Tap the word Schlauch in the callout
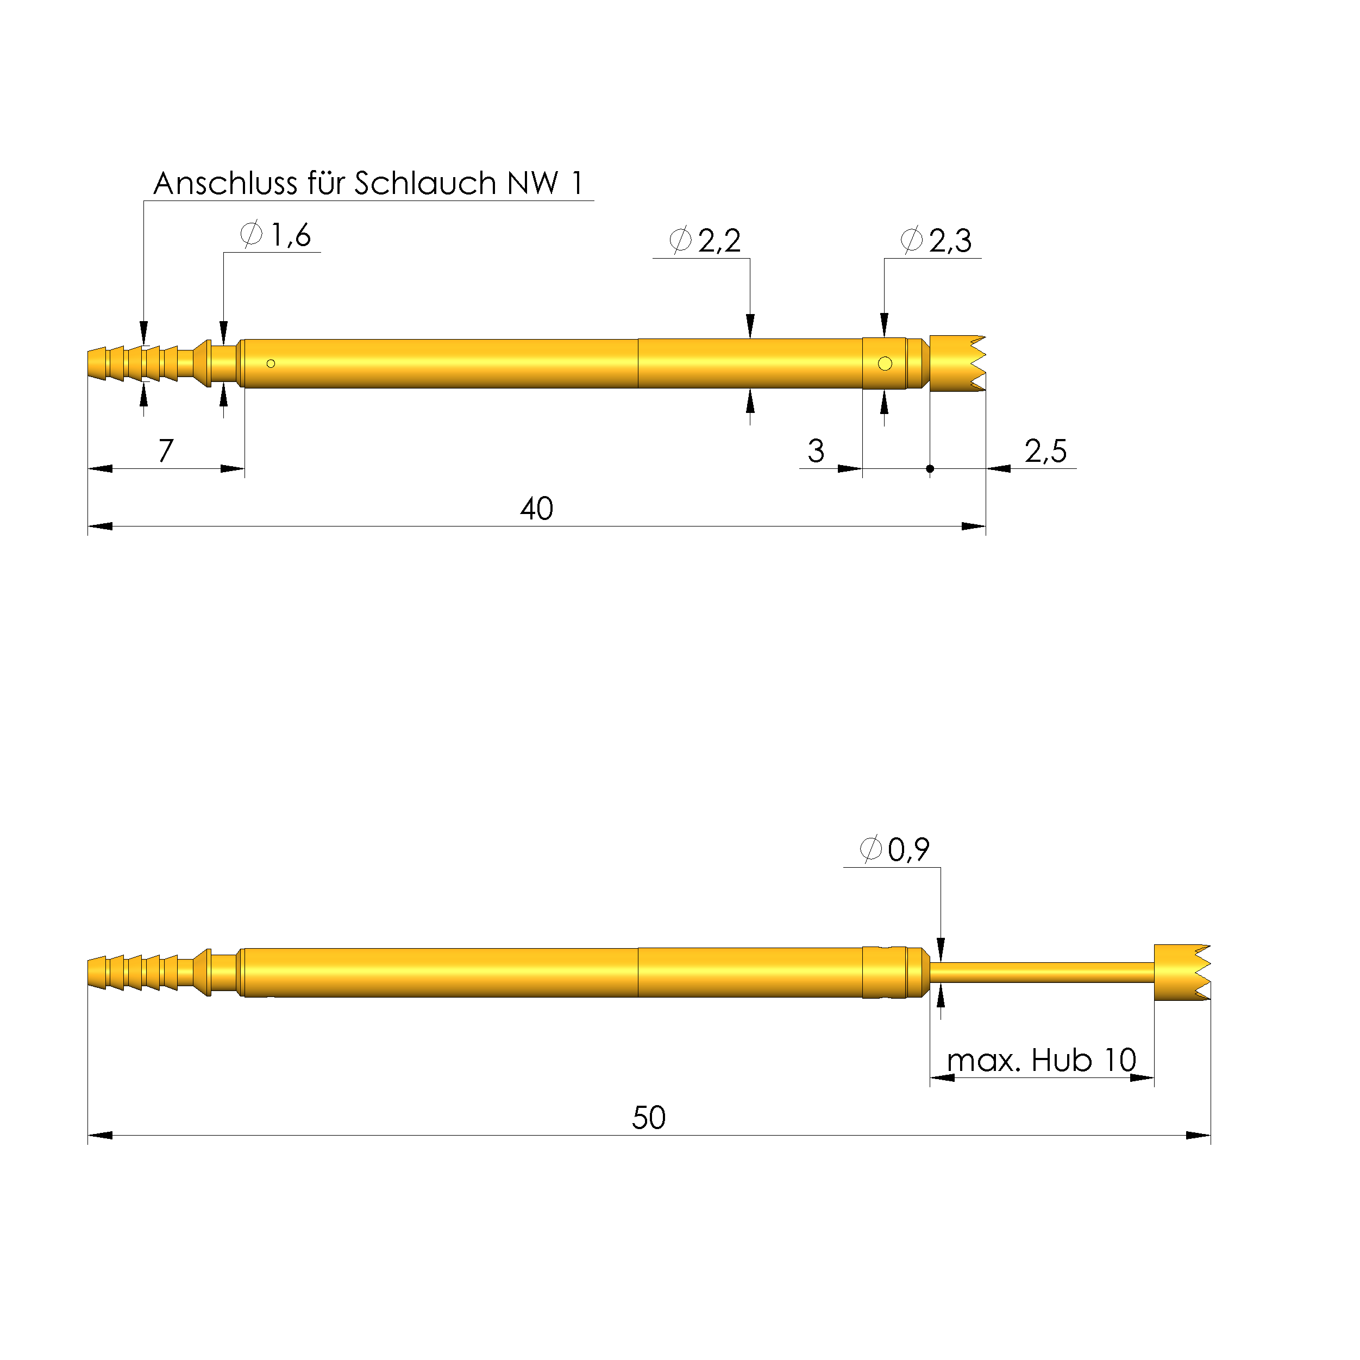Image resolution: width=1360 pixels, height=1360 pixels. pyautogui.click(x=425, y=184)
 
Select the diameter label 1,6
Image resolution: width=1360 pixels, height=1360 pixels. pyautogui.click(x=289, y=236)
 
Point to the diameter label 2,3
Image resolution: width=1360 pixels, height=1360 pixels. pyautogui.click(x=950, y=241)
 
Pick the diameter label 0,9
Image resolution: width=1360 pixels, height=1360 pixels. pyautogui.click(x=908, y=850)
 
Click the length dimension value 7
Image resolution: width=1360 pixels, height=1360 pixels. pyautogui.click(x=165, y=451)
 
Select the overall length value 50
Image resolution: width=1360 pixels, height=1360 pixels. pyautogui.click(x=648, y=1118)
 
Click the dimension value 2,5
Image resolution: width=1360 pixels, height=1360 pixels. pyautogui.click(x=1045, y=451)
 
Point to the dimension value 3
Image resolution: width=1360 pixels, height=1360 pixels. pyautogui.click(x=815, y=451)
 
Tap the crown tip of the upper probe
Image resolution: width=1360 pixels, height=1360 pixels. pyautogui.click(x=957, y=363)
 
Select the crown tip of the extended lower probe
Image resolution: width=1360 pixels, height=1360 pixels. pyautogui.click(x=1181, y=973)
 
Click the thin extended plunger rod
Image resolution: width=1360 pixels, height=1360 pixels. pyautogui.click(x=1042, y=973)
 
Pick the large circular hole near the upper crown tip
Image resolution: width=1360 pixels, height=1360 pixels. pyautogui.click(x=885, y=364)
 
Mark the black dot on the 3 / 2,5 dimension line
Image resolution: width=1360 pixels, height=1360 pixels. pyautogui.click(x=930, y=469)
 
